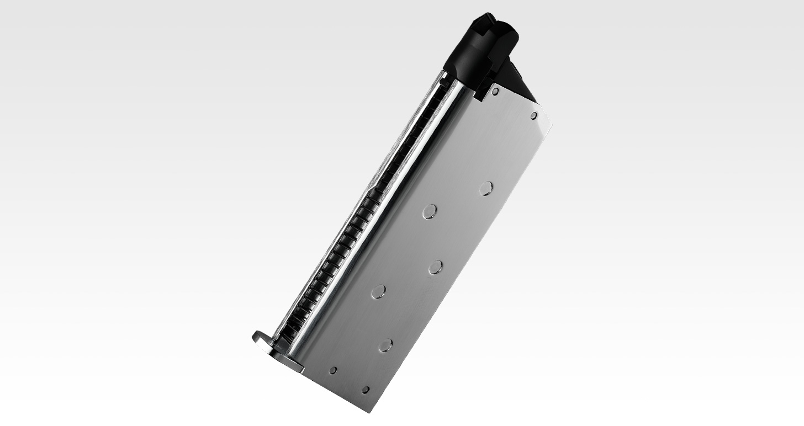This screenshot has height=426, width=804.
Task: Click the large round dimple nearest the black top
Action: click(x=486, y=189)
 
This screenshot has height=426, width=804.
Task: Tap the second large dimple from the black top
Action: click(x=429, y=211)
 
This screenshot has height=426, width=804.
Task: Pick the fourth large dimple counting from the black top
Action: click(x=379, y=291)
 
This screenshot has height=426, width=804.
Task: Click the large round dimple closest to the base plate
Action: click(x=385, y=346)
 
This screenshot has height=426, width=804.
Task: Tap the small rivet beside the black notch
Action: click(x=495, y=92)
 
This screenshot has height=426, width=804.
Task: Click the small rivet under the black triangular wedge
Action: click(x=533, y=116)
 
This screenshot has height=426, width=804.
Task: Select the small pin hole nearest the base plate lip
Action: click(x=333, y=370)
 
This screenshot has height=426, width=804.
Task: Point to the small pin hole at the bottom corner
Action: click(x=366, y=390)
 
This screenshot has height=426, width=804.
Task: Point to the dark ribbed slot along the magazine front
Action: click(x=364, y=210)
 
